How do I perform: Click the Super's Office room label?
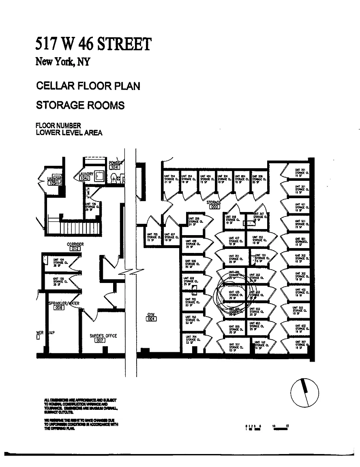(x=103, y=338)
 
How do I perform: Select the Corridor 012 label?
(x=75, y=246)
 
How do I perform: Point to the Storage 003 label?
(x=214, y=204)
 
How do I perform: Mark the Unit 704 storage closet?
(x=191, y=339)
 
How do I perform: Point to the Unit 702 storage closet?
(x=191, y=302)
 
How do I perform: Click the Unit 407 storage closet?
(x=234, y=240)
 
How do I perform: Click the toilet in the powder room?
(x=114, y=177)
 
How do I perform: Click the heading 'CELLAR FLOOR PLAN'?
(x=88, y=86)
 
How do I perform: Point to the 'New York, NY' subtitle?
(x=63, y=62)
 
